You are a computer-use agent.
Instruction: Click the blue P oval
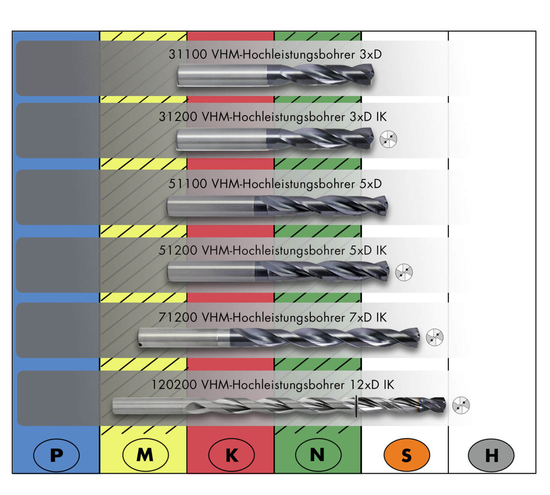[x=56, y=455]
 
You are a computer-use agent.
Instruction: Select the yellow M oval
[x=145, y=455]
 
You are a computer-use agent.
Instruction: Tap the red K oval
[x=231, y=455]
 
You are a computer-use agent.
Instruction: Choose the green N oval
[x=318, y=455]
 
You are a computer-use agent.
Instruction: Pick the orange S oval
[x=406, y=455]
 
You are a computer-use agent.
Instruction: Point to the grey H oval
[x=491, y=455]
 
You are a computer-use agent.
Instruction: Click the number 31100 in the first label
[x=188, y=54]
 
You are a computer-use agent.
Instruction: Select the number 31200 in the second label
[x=178, y=117]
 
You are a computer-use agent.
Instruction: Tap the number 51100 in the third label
[x=188, y=184]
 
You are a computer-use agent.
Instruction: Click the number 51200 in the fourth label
[x=178, y=250]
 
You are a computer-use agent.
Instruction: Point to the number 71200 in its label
[x=178, y=317]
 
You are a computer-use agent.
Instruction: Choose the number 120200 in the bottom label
[x=174, y=385]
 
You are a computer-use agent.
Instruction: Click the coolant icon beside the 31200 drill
[x=389, y=139]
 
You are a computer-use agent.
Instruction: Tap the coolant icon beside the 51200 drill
[x=404, y=273]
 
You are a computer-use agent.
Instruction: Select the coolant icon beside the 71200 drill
[x=434, y=337]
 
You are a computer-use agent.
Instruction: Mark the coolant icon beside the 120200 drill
[x=461, y=405]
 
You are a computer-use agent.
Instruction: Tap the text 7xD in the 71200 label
[x=361, y=317]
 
